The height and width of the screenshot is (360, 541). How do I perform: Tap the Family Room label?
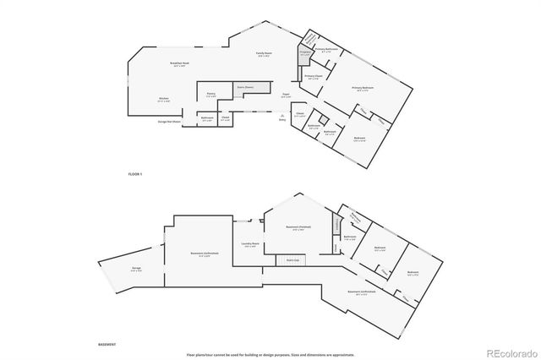(264, 54)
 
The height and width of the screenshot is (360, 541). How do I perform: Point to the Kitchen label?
(163, 99)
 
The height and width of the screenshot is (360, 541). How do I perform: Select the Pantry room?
(211, 95)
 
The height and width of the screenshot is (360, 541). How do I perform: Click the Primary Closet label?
(313, 77)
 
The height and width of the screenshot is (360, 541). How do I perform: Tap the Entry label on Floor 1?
(281, 119)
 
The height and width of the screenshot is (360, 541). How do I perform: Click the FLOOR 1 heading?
(135, 172)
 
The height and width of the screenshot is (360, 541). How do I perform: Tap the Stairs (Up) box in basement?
(292, 260)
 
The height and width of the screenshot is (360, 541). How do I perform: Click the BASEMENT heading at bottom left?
(107, 345)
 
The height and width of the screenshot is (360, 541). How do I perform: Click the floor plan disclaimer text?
(270, 353)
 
